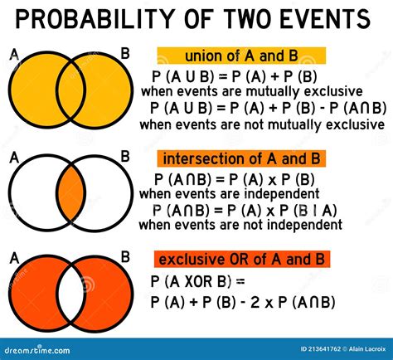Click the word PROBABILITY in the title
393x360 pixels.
point(108,17)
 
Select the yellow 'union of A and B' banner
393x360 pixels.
point(241,56)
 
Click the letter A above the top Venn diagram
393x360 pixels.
point(14,55)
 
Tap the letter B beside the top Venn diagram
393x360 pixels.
point(125,54)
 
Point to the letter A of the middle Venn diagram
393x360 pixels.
point(14,156)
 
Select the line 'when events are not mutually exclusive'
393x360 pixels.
point(262,124)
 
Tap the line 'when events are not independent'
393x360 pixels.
point(240,225)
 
